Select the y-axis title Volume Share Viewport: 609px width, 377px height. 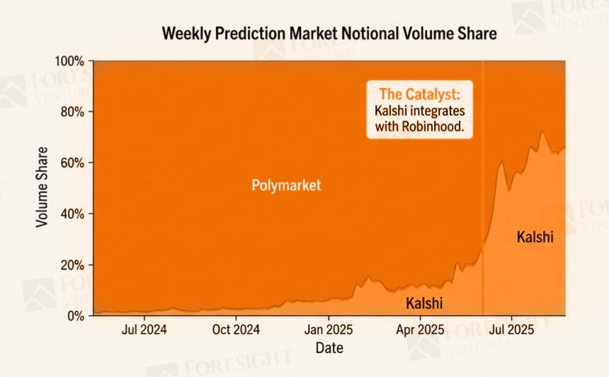[42, 187]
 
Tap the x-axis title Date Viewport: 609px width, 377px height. [329, 349]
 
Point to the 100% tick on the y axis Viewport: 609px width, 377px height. [71, 61]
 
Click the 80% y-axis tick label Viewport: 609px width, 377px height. [73, 112]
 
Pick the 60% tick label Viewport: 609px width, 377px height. [73, 163]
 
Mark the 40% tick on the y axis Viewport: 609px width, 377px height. [73, 214]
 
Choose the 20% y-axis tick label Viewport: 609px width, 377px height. [73, 265]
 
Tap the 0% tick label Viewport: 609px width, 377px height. [76, 316]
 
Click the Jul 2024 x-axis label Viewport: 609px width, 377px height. [144, 330]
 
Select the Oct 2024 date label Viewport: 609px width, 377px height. [237, 330]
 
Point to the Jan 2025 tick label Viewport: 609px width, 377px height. [329, 330]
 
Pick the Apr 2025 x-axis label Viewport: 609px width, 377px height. [420, 330]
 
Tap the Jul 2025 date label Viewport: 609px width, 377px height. [511, 330]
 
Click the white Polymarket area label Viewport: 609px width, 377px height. [286, 186]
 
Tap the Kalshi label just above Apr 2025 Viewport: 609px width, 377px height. [423, 303]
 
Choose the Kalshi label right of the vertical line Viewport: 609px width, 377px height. [535, 237]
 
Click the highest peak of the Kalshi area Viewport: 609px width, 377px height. [542, 132]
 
